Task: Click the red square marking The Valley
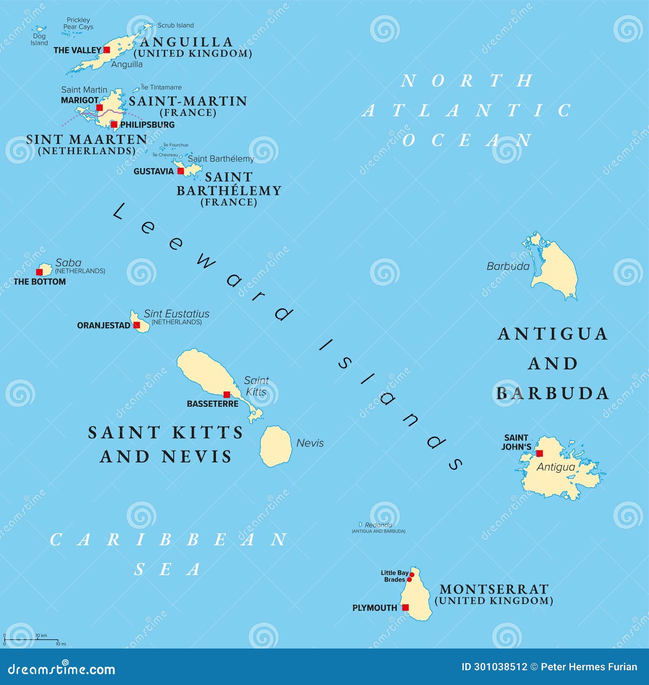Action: (107, 50)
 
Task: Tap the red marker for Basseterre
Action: (227, 394)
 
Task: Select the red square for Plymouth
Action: (405, 607)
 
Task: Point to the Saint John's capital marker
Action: (539, 453)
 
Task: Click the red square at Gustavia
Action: (181, 171)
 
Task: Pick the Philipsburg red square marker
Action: (114, 124)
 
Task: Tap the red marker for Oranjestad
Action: (137, 325)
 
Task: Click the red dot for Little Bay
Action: (412, 574)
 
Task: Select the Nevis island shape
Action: (276, 445)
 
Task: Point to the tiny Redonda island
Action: (360, 524)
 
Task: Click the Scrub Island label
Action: (176, 25)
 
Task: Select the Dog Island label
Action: (39, 39)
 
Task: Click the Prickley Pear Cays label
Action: (78, 24)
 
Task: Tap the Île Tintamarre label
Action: (161, 87)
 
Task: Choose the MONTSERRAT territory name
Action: (494, 589)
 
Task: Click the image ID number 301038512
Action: (501, 667)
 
